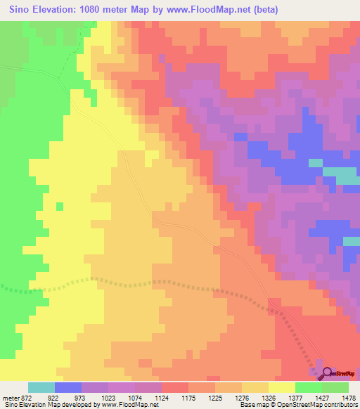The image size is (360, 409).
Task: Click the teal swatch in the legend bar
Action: coord(41,388)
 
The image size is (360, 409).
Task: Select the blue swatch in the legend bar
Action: coord(68,388)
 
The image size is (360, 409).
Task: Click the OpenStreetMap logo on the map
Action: coord(339,373)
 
